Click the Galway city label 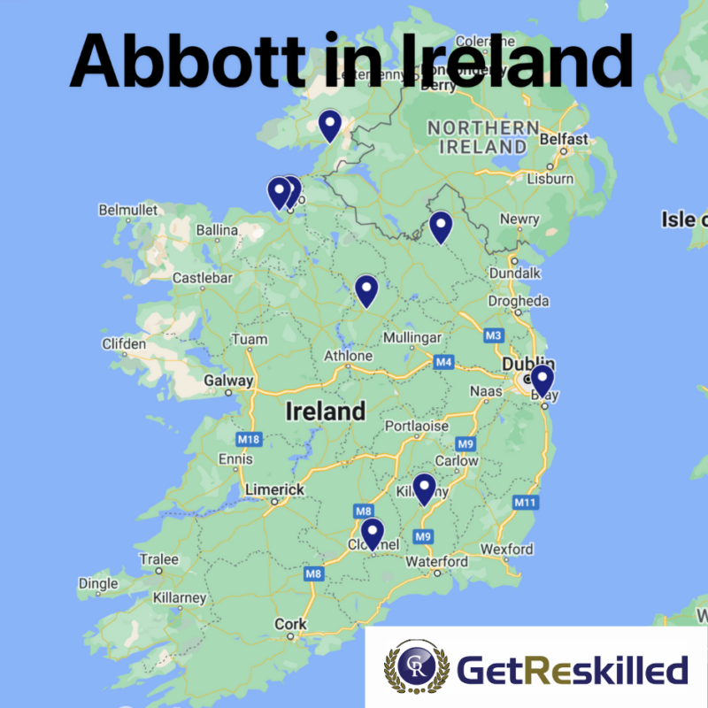click(x=228, y=381)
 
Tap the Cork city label click(x=290, y=624)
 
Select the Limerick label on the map click(x=274, y=489)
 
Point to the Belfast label click(x=563, y=139)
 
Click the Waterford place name click(x=436, y=562)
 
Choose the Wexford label click(x=507, y=550)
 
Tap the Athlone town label click(x=348, y=356)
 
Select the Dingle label click(x=97, y=583)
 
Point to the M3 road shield click(x=493, y=335)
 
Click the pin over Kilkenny click(x=425, y=489)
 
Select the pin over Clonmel click(x=373, y=533)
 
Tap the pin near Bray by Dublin click(x=542, y=381)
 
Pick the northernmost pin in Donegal click(x=330, y=125)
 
